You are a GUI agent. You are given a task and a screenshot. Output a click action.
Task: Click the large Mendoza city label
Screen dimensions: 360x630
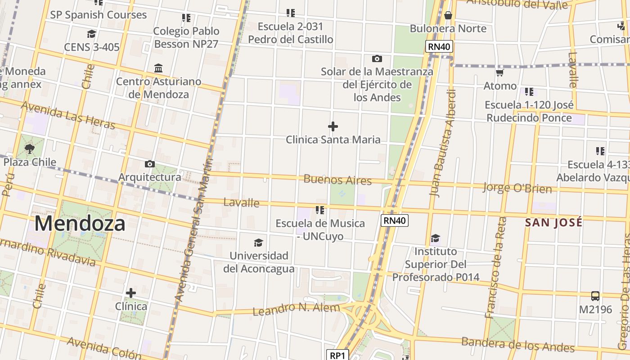click(x=80, y=224)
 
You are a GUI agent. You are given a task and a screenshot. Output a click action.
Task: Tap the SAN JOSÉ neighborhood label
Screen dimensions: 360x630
click(x=553, y=222)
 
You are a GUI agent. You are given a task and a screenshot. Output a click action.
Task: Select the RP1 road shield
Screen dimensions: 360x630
click(x=337, y=355)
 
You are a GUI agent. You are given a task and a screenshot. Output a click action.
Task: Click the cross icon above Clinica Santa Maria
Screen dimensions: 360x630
click(x=333, y=126)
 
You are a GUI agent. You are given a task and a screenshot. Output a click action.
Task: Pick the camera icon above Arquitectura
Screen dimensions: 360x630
click(x=150, y=164)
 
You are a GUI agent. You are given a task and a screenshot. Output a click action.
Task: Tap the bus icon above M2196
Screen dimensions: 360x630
click(x=595, y=296)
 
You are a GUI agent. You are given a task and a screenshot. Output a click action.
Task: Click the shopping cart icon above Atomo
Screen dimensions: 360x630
click(x=499, y=72)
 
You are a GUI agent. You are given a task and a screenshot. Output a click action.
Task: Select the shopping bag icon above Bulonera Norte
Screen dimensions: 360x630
click(x=448, y=15)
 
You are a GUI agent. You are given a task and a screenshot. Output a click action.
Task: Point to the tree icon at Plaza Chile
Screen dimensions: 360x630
click(x=30, y=148)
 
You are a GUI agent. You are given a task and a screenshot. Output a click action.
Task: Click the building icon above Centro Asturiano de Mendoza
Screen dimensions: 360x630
click(x=158, y=68)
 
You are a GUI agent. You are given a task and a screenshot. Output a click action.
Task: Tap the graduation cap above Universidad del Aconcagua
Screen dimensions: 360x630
click(x=258, y=243)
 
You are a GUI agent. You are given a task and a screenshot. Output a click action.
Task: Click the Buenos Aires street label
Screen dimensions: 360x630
click(x=337, y=180)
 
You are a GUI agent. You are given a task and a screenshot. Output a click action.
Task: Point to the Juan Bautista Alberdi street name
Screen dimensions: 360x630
click(x=443, y=143)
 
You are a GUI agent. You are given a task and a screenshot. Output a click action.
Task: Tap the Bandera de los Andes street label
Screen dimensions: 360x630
click(x=518, y=344)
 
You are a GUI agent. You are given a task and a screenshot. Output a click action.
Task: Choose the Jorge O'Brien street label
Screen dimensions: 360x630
click(x=517, y=188)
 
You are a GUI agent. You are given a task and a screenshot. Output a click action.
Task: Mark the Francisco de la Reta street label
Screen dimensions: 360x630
click(x=496, y=268)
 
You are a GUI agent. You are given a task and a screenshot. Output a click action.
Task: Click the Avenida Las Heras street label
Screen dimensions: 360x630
click(x=68, y=115)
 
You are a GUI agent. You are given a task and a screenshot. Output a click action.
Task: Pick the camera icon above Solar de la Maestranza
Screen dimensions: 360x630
click(x=377, y=58)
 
